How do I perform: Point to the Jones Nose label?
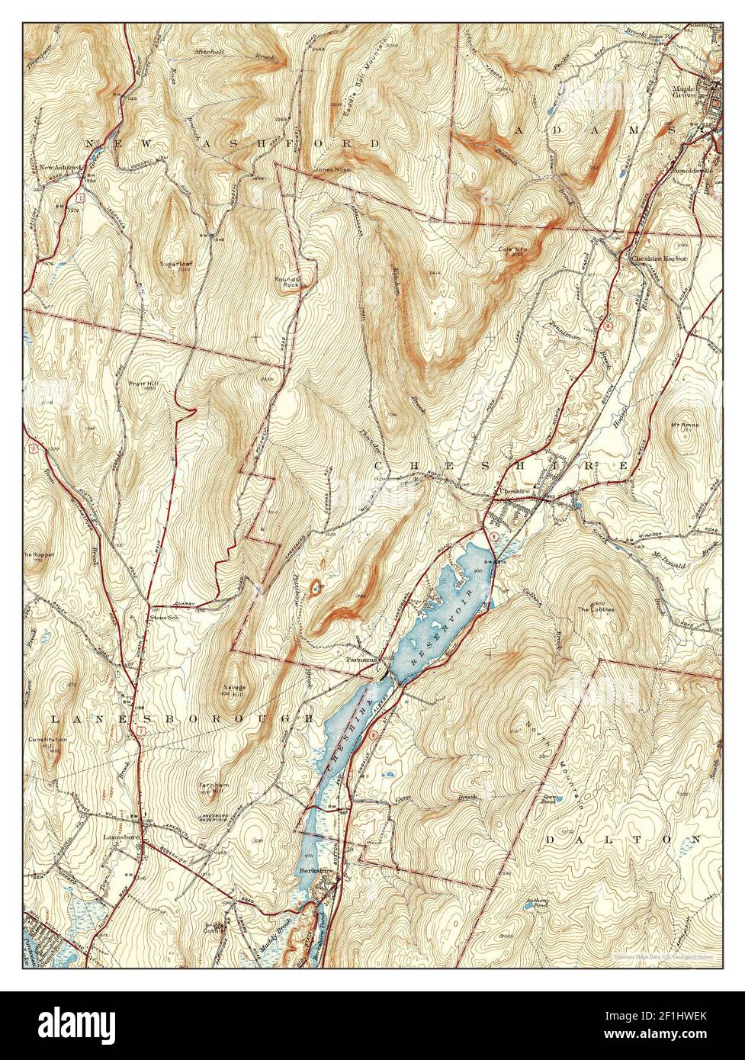pos(332,169)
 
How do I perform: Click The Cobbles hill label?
pos(596,609)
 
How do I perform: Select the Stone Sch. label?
pos(163,618)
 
